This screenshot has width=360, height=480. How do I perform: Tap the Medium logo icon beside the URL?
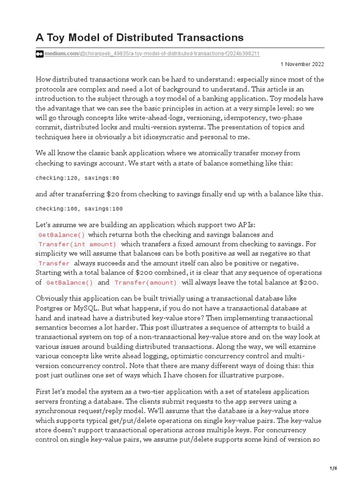[x=39, y=54]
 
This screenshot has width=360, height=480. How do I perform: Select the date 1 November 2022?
[x=302, y=64]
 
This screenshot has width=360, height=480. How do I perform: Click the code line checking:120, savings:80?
[x=77, y=178]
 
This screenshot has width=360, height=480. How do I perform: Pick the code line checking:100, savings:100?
[x=79, y=209]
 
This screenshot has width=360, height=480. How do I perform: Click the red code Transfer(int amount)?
[x=77, y=244]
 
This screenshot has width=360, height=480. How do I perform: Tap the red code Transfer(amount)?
[x=146, y=283]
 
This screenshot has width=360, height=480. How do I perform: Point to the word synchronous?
[x=58, y=410]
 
